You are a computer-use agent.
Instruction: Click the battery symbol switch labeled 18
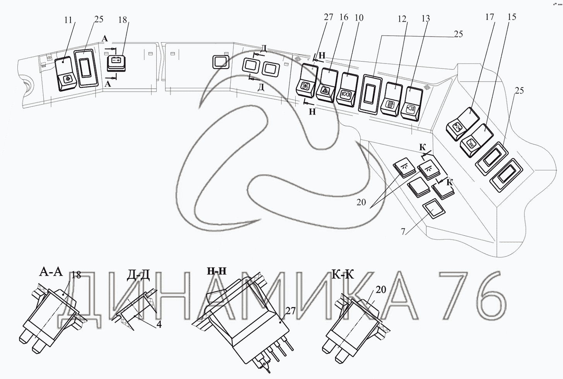coord(116,63)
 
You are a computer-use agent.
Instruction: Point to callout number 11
coord(68,20)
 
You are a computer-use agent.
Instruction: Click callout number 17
coord(489,17)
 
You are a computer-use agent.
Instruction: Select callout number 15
coord(512,17)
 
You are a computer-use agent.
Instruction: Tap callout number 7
coord(403,232)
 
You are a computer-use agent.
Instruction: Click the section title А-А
coord(51,272)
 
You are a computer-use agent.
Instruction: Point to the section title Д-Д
coord(138,276)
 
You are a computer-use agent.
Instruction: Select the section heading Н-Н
coord(217,271)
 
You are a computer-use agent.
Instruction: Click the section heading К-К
coord(343,275)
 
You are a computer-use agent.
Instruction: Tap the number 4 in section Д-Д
coord(159,324)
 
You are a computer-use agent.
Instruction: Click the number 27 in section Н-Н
coord(291,311)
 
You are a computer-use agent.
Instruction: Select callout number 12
coord(402,19)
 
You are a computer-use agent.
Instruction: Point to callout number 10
coord(359,17)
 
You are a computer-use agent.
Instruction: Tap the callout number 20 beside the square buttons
coord(361,202)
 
